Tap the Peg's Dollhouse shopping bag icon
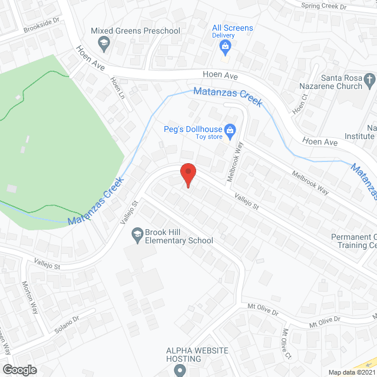tap(230, 130)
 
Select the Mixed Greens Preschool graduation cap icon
tap(104, 42)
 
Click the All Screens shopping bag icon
tap(224, 47)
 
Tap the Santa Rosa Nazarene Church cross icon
tap(369, 79)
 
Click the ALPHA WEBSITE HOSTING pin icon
tap(180, 370)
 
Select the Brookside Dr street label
tap(42, 28)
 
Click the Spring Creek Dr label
tap(323, 6)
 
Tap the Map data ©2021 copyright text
tap(351, 372)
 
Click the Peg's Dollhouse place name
tap(193, 130)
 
